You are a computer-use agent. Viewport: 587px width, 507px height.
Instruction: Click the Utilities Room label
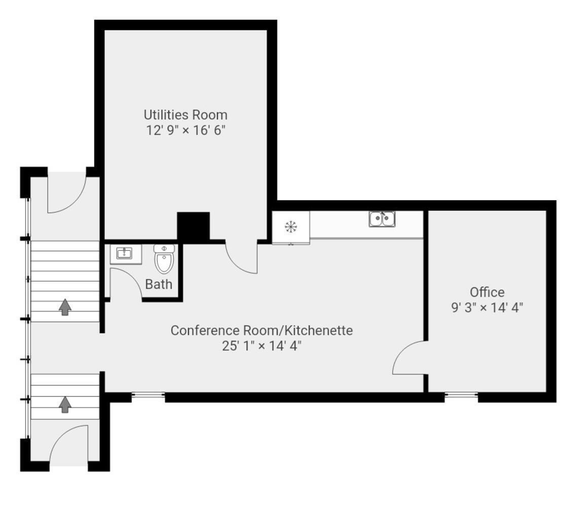coord(186,115)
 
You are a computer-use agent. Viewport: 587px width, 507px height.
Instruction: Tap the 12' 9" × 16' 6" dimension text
coord(186,130)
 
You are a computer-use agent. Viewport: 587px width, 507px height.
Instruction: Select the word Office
coord(487,292)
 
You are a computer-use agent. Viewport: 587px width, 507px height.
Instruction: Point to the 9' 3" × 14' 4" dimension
coord(487,307)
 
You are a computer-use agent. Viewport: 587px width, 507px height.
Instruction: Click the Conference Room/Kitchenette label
coord(262,330)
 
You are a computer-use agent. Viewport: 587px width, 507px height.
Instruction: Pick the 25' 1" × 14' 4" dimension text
coord(262,346)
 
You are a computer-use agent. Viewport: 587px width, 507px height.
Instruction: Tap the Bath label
coord(159,284)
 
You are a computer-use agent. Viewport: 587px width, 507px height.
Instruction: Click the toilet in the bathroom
coord(164,259)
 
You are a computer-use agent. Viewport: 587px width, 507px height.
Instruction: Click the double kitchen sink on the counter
coord(382,219)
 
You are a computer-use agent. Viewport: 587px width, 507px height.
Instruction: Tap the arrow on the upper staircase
coord(65,307)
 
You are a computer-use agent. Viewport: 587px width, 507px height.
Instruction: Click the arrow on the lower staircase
coord(65,405)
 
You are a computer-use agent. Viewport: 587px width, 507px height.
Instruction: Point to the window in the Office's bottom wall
coord(461,394)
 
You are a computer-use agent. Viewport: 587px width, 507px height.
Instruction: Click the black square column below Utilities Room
coord(193,227)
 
